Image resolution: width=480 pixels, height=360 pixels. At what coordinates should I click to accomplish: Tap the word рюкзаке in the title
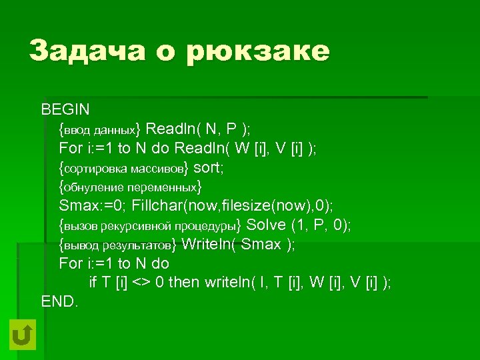tap(259, 52)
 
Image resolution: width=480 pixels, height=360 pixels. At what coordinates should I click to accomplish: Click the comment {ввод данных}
tap(100, 128)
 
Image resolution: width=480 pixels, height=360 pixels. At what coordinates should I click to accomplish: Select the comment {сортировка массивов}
tap(124, 167)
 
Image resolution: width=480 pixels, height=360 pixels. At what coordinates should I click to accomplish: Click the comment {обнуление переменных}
tap(130, 186)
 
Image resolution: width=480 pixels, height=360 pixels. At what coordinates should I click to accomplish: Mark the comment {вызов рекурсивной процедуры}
tap(151, 225)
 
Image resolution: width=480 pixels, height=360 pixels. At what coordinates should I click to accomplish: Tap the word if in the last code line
tap(93, 282)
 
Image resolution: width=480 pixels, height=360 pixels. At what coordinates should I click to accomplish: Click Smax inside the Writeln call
tap(261, 244)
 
